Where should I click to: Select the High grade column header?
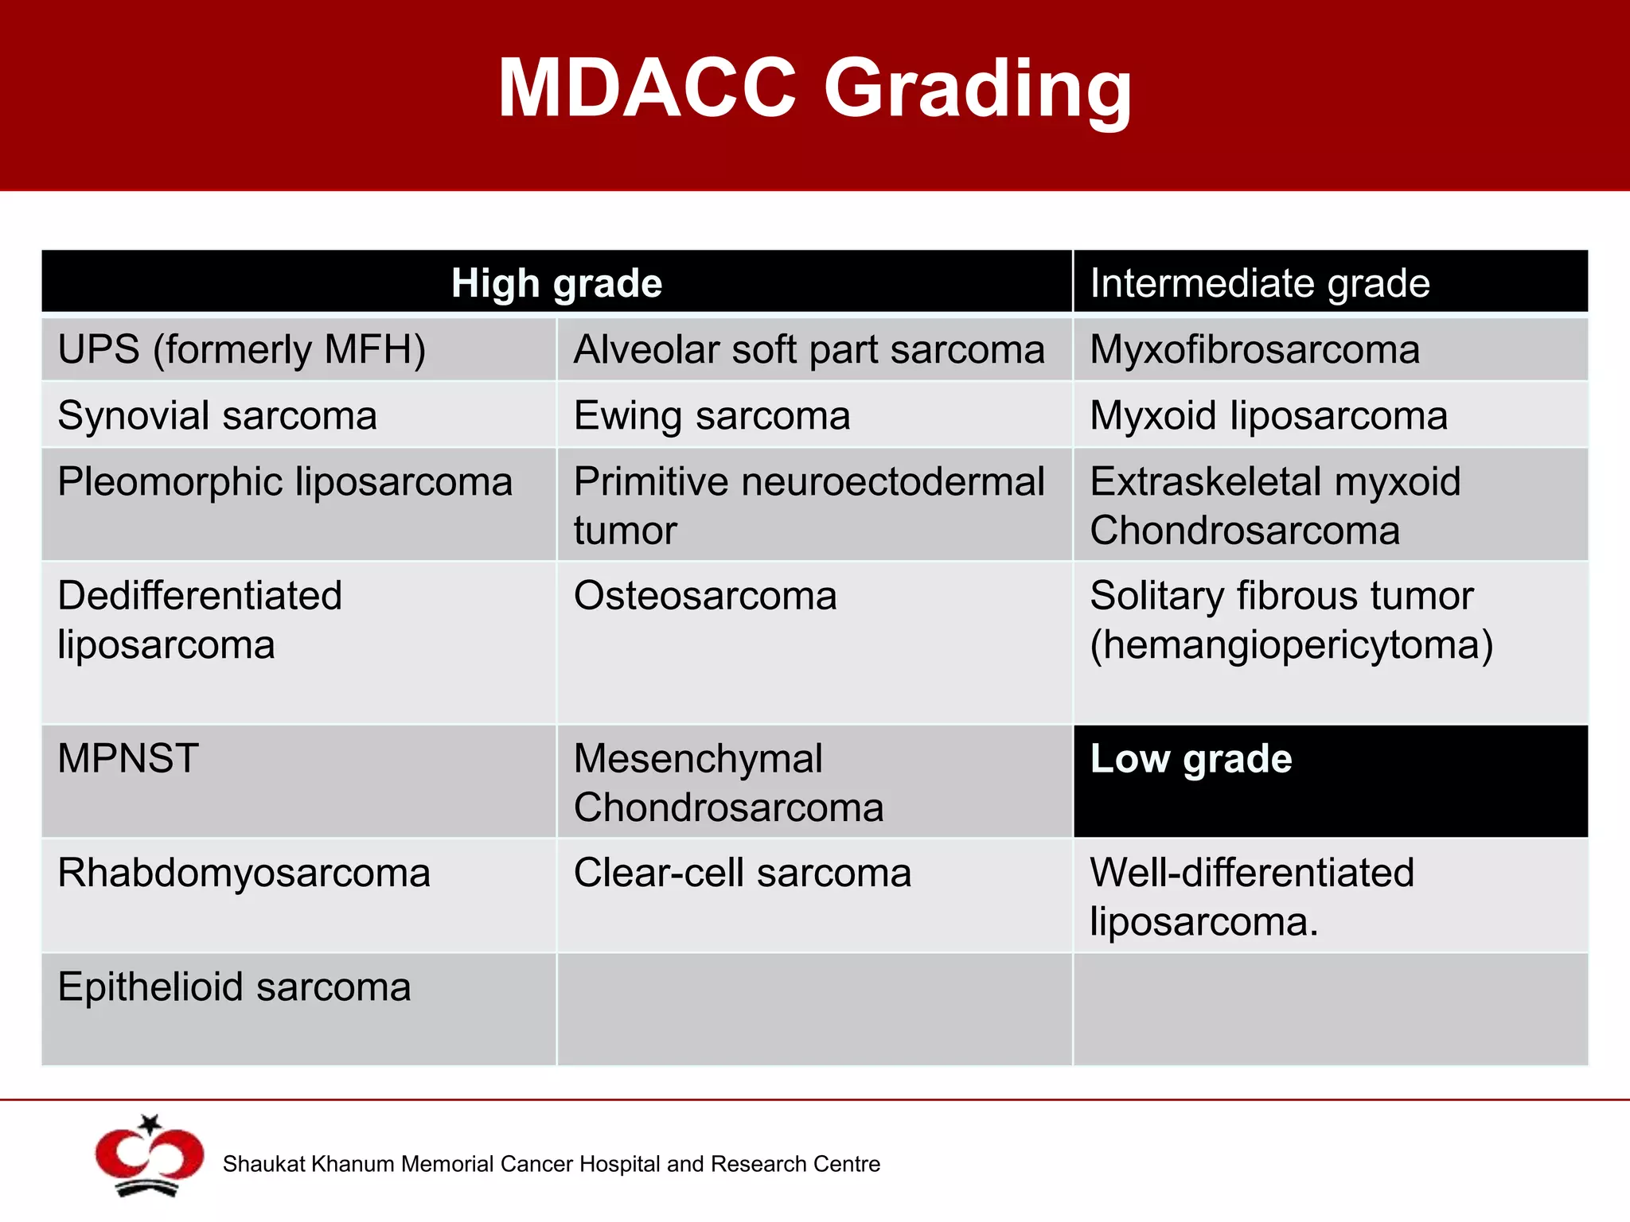[556, 282]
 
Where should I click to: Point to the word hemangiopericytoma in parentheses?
[1291, 644]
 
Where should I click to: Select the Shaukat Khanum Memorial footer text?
[551, 1164]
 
